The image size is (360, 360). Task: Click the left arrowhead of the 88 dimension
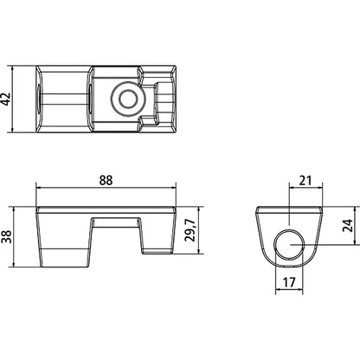[40, 188]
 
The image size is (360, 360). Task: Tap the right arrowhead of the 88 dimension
[175, 188]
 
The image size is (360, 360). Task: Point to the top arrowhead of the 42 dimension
[22, 68]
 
